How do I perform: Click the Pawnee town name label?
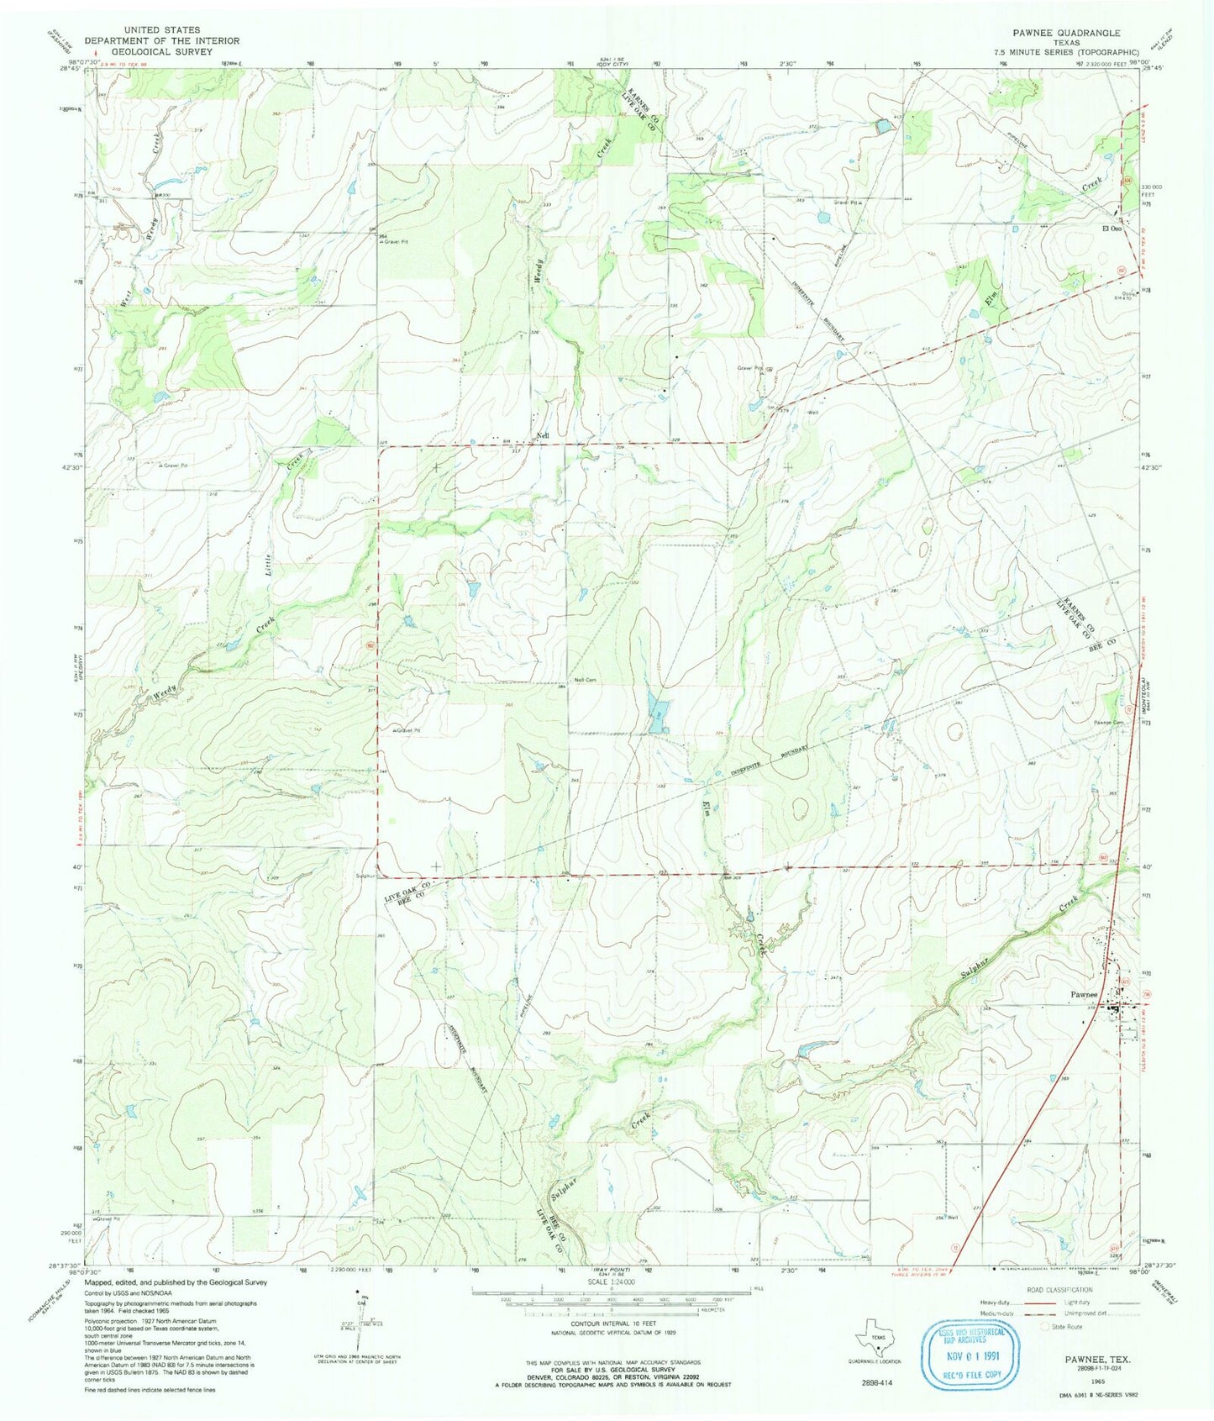click(1085, 994)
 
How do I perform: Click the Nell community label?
click(544, 435)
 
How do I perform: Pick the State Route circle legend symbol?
click(1047, 1327)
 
